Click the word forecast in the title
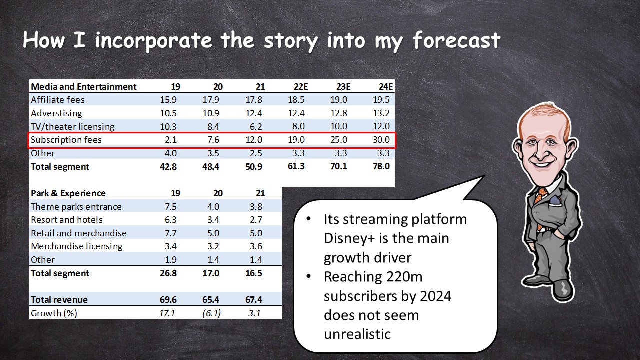[x=456, y=40]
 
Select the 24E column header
[x=386, y=87]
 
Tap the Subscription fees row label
[x=66, y=140]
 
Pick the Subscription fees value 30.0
[x=381, y=140]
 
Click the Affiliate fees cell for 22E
[x=296, y=100]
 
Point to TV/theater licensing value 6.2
[x=256, y=126]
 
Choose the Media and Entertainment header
[x=83, y=87]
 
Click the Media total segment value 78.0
[x=381, y=166]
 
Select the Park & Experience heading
[x=68, y=193]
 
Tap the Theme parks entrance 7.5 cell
[x=171, y=206]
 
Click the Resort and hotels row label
[x=67, y=220]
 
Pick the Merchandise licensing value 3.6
[x=256, y=246]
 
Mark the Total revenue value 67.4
[x=254, y=299]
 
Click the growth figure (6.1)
[x=211, y=313]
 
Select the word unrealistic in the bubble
[x=357, y=334]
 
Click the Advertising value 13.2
[x=381, y=113]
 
